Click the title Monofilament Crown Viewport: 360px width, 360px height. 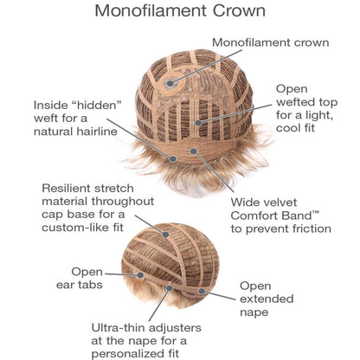[180, 10]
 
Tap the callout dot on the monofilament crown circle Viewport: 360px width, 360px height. [170, 84]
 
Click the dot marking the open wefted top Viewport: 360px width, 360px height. [198, 123]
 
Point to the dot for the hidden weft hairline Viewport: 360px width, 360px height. [173, 158]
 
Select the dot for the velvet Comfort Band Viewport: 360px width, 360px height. [194, 151]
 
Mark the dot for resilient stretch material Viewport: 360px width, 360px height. [165, 235]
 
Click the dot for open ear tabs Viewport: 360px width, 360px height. [140, 275]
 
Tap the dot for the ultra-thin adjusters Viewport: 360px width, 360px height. [170, 288]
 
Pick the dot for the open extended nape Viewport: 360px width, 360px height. [202, 292]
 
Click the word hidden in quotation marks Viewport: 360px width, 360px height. [98, 105]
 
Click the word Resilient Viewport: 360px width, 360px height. [65, 189]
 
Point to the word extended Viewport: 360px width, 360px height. [267, 299]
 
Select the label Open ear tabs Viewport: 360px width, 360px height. [80, 279]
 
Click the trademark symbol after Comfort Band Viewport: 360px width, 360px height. [316, 213]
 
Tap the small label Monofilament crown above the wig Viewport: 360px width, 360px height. [271, 42]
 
